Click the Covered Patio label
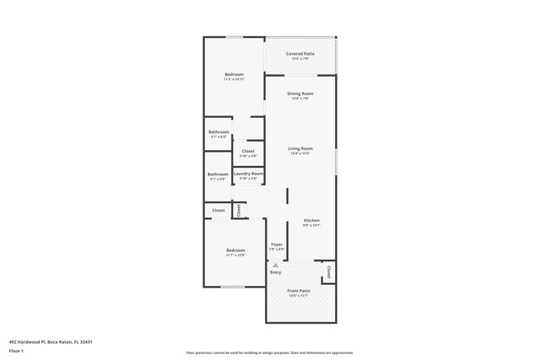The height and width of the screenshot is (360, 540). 300,53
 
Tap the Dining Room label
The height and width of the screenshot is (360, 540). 300,93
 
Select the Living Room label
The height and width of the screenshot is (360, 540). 300,148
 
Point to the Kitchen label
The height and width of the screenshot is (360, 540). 311,220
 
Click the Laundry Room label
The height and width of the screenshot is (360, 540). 248,173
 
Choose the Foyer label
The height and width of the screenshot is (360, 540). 277,244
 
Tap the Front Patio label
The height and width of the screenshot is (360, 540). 299,291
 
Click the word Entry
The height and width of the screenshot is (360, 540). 275,272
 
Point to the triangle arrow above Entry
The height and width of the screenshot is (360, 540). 275,265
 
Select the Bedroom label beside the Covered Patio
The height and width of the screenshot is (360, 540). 234,75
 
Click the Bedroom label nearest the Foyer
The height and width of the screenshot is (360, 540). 235,250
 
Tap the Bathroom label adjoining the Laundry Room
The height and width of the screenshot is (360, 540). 219,174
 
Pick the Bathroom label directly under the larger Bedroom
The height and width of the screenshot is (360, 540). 219,132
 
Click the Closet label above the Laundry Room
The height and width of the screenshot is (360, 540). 248,151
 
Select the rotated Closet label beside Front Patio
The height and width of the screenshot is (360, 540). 328,271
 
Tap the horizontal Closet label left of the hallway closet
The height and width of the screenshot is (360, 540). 219,210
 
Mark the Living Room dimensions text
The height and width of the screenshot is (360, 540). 300,153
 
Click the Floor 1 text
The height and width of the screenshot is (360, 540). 16,350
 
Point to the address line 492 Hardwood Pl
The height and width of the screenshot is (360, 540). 51,341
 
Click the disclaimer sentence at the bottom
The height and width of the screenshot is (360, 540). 270,352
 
